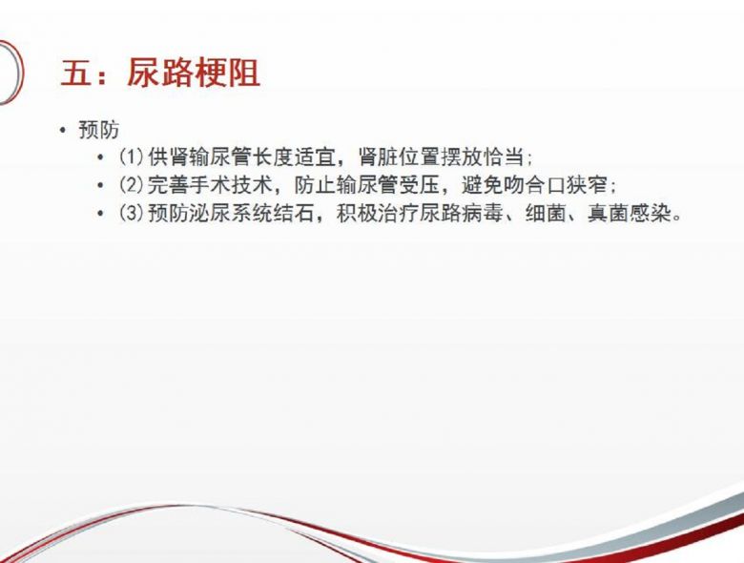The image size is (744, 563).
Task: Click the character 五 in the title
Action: [x=76, y=73]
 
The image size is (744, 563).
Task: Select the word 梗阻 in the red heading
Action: [x=227, y=73]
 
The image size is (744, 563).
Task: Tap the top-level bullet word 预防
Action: [x=98, y=130]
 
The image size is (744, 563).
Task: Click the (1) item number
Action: [x=132, y=157]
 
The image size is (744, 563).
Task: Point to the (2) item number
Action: [x=132, y=185]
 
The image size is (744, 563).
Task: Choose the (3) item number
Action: [x=132, y=213]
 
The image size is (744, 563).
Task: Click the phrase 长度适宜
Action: [x=294, y=157]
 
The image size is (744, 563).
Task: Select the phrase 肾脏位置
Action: [x=399, y=157]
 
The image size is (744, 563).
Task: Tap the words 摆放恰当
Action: [x=482, y=157]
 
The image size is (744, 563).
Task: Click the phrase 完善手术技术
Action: [x=210, y=185]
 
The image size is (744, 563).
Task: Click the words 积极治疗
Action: [x=378, y=213]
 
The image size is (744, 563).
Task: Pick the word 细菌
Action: [x=546, y=213]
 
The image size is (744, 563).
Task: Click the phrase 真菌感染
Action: [x=630, y=213]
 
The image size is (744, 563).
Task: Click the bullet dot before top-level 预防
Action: [x=63, y=130]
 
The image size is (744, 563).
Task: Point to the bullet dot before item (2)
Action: [x=99, y=186]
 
